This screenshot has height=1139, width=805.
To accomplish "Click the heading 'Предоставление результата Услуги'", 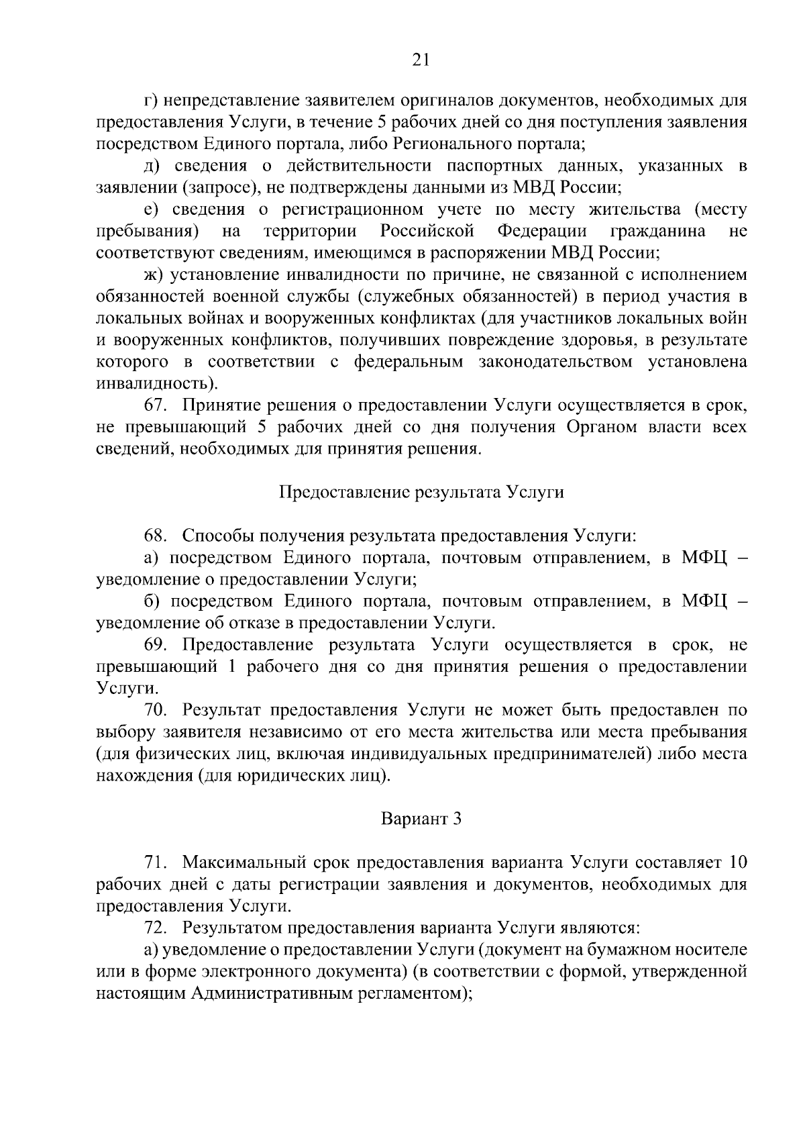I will [x=421, y=492].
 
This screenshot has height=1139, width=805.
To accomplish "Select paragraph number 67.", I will [x=155, y=405].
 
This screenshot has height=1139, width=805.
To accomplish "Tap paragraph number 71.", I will [x=155, y=862].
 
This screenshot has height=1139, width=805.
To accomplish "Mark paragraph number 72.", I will [x=155, y=927].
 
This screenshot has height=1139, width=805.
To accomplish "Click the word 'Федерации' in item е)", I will [x=542, y=231].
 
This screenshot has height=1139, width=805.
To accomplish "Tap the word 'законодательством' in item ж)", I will [x=555, y=362].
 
